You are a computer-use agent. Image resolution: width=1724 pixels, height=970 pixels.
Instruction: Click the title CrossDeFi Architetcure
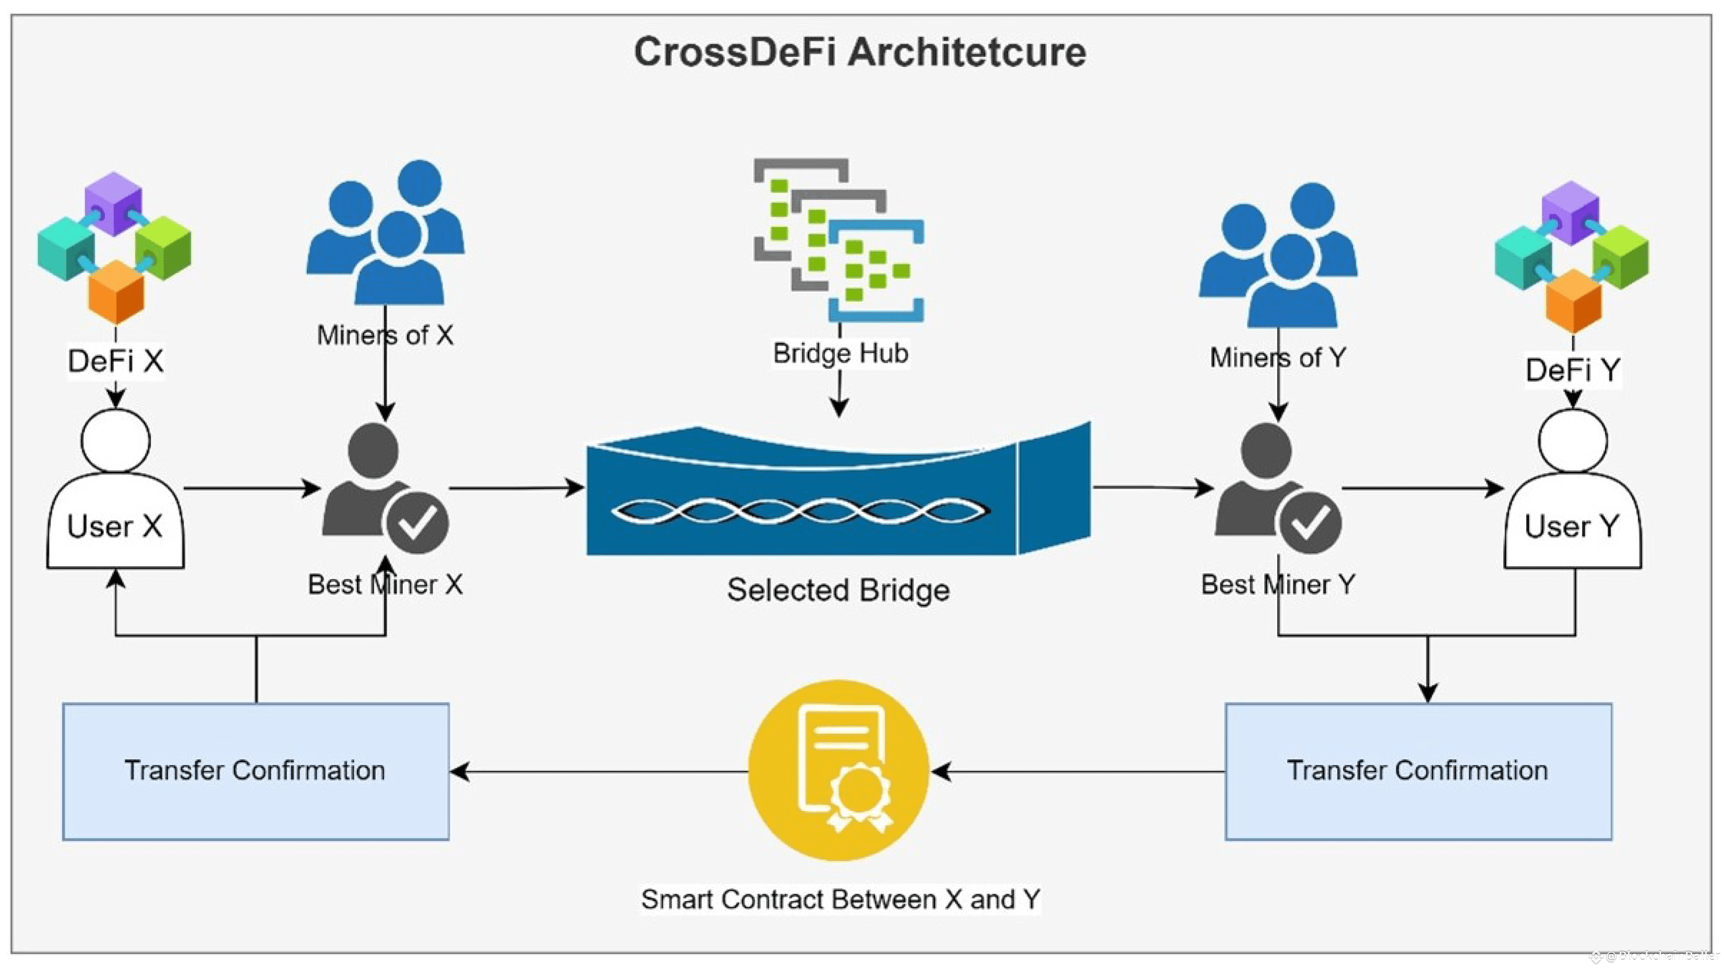pyautogui.click(x=860, y=52)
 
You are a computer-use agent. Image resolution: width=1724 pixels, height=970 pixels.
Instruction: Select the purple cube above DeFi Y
pyautogui.click(x=1571, y=210)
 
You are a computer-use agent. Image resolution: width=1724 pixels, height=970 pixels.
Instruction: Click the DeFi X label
pyautogui.click(x=116, y=362)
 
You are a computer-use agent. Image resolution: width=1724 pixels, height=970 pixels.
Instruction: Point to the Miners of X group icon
pyautogui.click(x=386, y=234)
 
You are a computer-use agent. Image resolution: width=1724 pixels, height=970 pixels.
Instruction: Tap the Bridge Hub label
pyautogui.click(x=841, y=353)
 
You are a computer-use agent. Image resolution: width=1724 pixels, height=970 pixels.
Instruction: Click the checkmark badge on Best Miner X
pyautogui.click(x=417, y=523)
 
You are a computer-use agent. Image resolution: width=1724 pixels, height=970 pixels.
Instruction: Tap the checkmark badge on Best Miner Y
pyautogui.click(x=1310, y=523)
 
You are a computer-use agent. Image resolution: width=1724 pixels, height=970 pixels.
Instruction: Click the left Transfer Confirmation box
pyautogui.click(x=256, y=771)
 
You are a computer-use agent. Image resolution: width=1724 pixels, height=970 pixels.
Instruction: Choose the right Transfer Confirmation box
pyautogui.click(x=1418, y=771)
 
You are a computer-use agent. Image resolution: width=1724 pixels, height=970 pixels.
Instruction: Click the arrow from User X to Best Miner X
pyautogui.click(x=251, y=488)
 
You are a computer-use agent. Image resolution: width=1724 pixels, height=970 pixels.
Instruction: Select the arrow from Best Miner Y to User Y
pyautogui.click(x=1422, y=488)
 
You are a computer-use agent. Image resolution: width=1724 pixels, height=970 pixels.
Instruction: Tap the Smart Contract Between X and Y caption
pyautogui.click(x=841, y=899)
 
